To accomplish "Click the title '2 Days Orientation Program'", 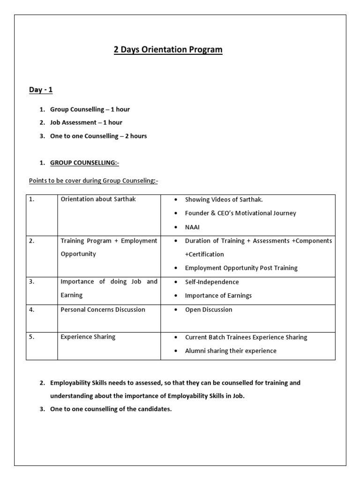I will click(168, 50).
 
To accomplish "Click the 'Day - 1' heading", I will click(41, 90).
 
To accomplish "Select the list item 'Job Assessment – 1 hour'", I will click(86, 122).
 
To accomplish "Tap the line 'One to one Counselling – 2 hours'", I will click(98, 136).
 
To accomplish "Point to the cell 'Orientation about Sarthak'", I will click(98, 199).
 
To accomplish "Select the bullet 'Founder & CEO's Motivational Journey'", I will click(240, 213).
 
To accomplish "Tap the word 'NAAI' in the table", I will click(192, 227).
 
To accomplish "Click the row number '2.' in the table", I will click(31, 240).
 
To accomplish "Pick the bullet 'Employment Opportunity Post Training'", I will click(241, 268).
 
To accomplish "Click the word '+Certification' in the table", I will click(204, 255).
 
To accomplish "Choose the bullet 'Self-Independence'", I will click(212, 282).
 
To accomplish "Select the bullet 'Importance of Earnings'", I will click(218, 295).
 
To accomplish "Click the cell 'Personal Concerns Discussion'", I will click(103, 309).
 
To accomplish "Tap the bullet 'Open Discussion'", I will click(209, 310).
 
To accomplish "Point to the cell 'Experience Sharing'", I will click(88, 337).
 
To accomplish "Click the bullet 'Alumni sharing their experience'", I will click(231, 351).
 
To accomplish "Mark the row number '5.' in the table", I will click(31, 337).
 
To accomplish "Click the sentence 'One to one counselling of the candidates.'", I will click(111, 409).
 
